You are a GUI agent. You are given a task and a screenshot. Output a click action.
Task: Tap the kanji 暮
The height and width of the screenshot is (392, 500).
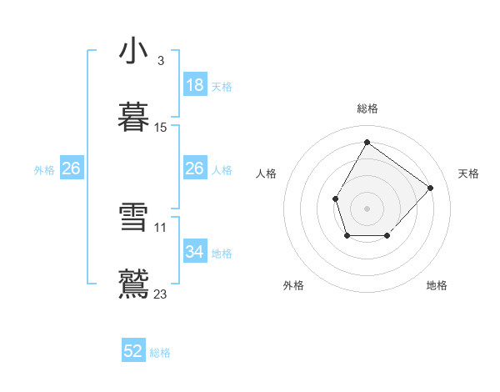coord(133,117)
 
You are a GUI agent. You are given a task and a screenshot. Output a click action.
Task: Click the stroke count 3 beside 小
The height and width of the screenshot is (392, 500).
coord(160,61)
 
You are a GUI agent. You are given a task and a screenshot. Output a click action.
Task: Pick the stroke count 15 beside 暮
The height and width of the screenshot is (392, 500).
coord(161,128)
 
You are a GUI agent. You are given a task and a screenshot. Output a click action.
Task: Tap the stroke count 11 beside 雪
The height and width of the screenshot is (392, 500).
coord(161,227)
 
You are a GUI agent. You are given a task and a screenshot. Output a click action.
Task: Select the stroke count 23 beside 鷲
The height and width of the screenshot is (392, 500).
coord(161,294)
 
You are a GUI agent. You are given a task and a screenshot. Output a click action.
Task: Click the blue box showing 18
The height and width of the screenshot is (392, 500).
coord(195,85)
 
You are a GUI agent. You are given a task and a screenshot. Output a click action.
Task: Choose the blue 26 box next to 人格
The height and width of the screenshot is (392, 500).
coord(195,169)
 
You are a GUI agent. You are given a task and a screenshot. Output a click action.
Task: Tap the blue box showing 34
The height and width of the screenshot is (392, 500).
coord(195,252)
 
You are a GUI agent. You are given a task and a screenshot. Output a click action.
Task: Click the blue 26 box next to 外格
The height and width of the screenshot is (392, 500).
coord(72,169)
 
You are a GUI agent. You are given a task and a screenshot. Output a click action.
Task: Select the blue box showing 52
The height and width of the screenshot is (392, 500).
coord(133,351)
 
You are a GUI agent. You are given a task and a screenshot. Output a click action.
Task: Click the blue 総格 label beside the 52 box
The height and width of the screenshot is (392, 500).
coord(160,353)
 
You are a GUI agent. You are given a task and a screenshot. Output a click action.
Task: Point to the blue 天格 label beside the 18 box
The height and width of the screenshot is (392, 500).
coord(221,87)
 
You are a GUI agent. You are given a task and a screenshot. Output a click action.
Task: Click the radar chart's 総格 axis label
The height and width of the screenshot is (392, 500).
coord(367,108)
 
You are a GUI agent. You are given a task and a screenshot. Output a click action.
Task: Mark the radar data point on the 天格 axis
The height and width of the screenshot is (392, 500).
coord(430,188)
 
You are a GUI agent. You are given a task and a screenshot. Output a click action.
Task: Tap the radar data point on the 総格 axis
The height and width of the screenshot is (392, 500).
coord(367,142)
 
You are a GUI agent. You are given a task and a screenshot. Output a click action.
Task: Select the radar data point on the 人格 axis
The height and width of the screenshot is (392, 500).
coord(335,199)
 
